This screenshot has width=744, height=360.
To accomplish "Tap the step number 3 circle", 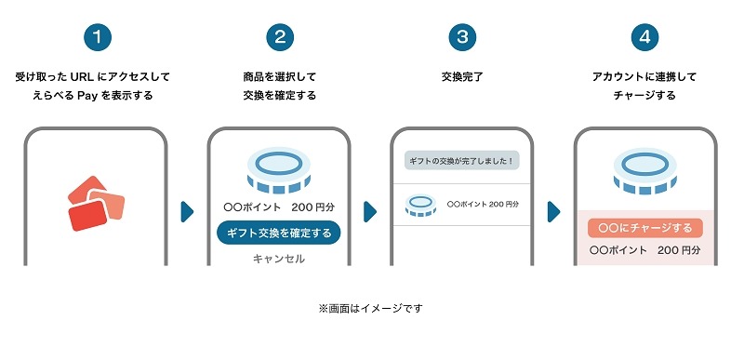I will click(461, 37).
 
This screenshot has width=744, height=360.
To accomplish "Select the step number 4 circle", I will click(644, 37).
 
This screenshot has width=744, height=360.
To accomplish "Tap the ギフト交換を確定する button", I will click(279, 233).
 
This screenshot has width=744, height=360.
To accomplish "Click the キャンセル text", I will click(279, 259).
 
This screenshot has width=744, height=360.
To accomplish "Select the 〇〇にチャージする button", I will click(644, 228).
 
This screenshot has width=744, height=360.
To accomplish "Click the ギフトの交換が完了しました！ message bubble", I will click(462, 161).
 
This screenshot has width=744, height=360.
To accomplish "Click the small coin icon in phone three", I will click(421, 205).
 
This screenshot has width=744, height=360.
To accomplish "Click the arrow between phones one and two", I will click(187, 211).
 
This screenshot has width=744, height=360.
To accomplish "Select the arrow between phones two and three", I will click(370, 211).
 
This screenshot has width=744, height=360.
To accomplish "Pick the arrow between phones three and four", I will click(553, 211).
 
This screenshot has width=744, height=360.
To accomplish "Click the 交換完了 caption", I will click(461, 75).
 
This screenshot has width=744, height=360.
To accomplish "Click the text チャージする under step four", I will click(644, 95).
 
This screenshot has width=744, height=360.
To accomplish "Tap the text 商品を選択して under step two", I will click(279, 75).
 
